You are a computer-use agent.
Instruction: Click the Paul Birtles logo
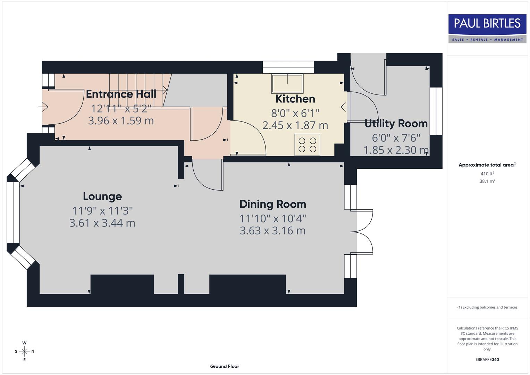[487, 28]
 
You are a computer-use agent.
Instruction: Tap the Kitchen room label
[295, 99]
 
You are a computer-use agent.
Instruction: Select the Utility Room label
[396, 124]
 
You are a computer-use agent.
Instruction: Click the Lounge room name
[102, 197]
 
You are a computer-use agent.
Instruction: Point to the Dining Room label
[272, 204]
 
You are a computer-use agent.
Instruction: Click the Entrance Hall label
[121, 94]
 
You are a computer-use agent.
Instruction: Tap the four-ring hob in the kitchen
[307, 145]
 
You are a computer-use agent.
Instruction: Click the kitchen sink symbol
[287, 83]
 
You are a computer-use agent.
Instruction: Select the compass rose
[24, 351]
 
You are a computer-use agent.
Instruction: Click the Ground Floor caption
[225, 366]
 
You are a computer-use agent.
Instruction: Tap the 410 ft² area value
[487, 174]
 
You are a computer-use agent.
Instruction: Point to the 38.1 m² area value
[487, 181]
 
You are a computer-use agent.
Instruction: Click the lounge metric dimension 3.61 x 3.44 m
[102, 223]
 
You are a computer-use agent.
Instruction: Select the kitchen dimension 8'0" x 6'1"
[295, 113]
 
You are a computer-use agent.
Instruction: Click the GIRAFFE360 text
[487, 360]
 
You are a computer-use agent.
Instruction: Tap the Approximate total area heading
[487, 165]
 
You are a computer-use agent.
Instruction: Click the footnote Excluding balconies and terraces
[487, 307]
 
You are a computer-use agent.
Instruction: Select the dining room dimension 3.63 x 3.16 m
[272, 231]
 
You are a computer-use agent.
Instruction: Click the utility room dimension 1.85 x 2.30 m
[396, 150]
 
